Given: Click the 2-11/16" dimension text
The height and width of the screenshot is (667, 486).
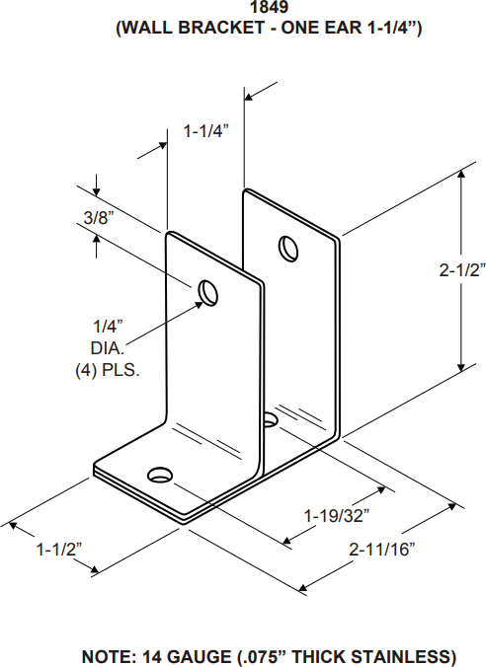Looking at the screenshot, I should (x=381, y=550).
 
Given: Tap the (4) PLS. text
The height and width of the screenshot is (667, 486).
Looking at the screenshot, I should (x=107, y=371).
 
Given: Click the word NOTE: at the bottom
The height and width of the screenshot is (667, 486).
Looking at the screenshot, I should (x=109, y=656).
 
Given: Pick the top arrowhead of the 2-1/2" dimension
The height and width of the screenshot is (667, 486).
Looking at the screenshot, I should (x=461, y=174).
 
